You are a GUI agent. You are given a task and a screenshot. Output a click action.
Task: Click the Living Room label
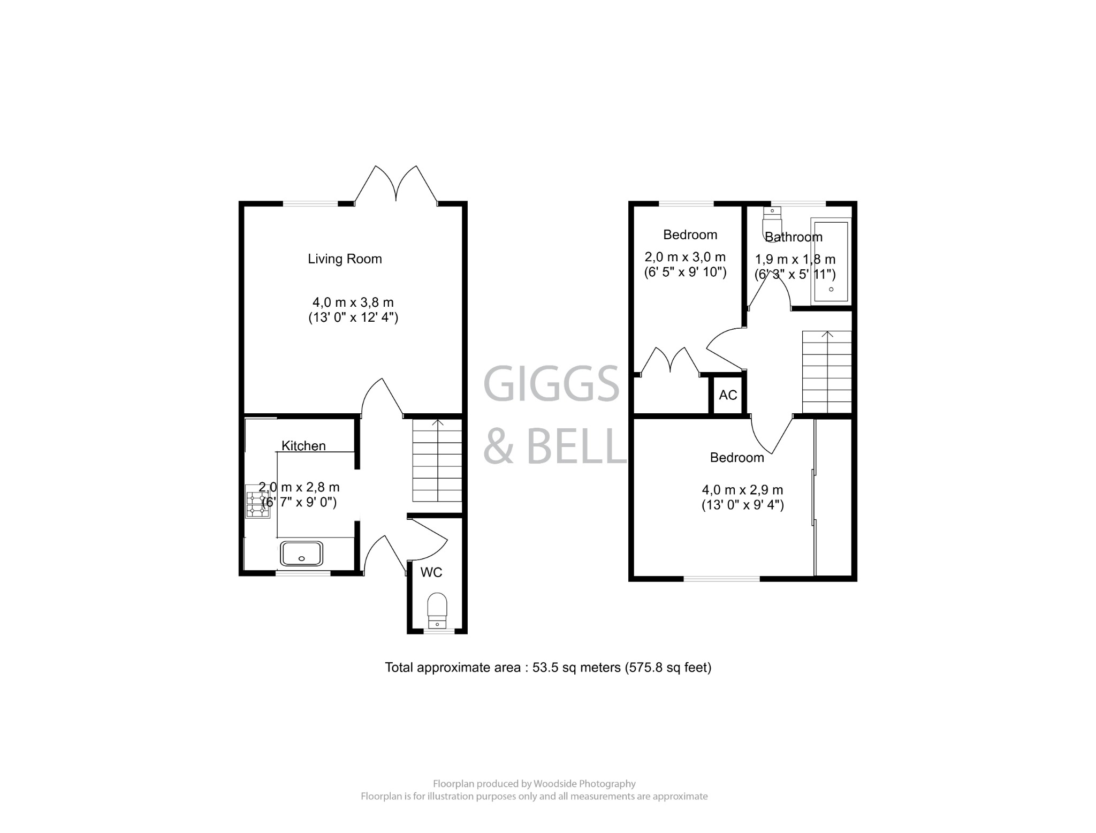(x=345, y=259)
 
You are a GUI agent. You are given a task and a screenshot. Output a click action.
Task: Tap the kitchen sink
(x=302, y=554)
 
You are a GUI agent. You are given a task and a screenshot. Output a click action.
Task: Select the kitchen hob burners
(x=257, y=501)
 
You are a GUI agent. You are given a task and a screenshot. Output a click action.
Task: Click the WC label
(x=431, y=573)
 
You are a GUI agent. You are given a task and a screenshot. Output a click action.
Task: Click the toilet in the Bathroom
(x=772, y=222)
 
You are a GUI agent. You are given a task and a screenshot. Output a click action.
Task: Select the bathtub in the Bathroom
(x=831, y=261)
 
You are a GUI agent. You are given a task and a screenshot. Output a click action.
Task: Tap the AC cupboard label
(x=728, y=395)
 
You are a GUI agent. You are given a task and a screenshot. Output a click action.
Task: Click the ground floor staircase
(x=437, y=460)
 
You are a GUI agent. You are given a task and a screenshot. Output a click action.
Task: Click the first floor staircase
(x=827, y=372)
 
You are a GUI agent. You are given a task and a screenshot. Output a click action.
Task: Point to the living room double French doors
(x=396, y=185)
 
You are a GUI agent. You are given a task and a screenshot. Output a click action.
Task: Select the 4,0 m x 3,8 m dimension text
(x=353, y=302)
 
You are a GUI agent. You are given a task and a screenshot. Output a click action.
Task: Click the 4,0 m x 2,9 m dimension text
(x=742, y=490)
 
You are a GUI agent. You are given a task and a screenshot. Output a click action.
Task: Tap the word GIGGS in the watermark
(x=551, y=384)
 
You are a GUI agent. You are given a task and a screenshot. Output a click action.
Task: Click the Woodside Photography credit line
(x=534, y=784)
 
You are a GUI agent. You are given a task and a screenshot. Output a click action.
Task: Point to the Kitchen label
(x=303, y=446)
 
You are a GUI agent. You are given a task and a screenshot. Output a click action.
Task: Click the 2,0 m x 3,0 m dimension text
(x=685, y=257)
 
